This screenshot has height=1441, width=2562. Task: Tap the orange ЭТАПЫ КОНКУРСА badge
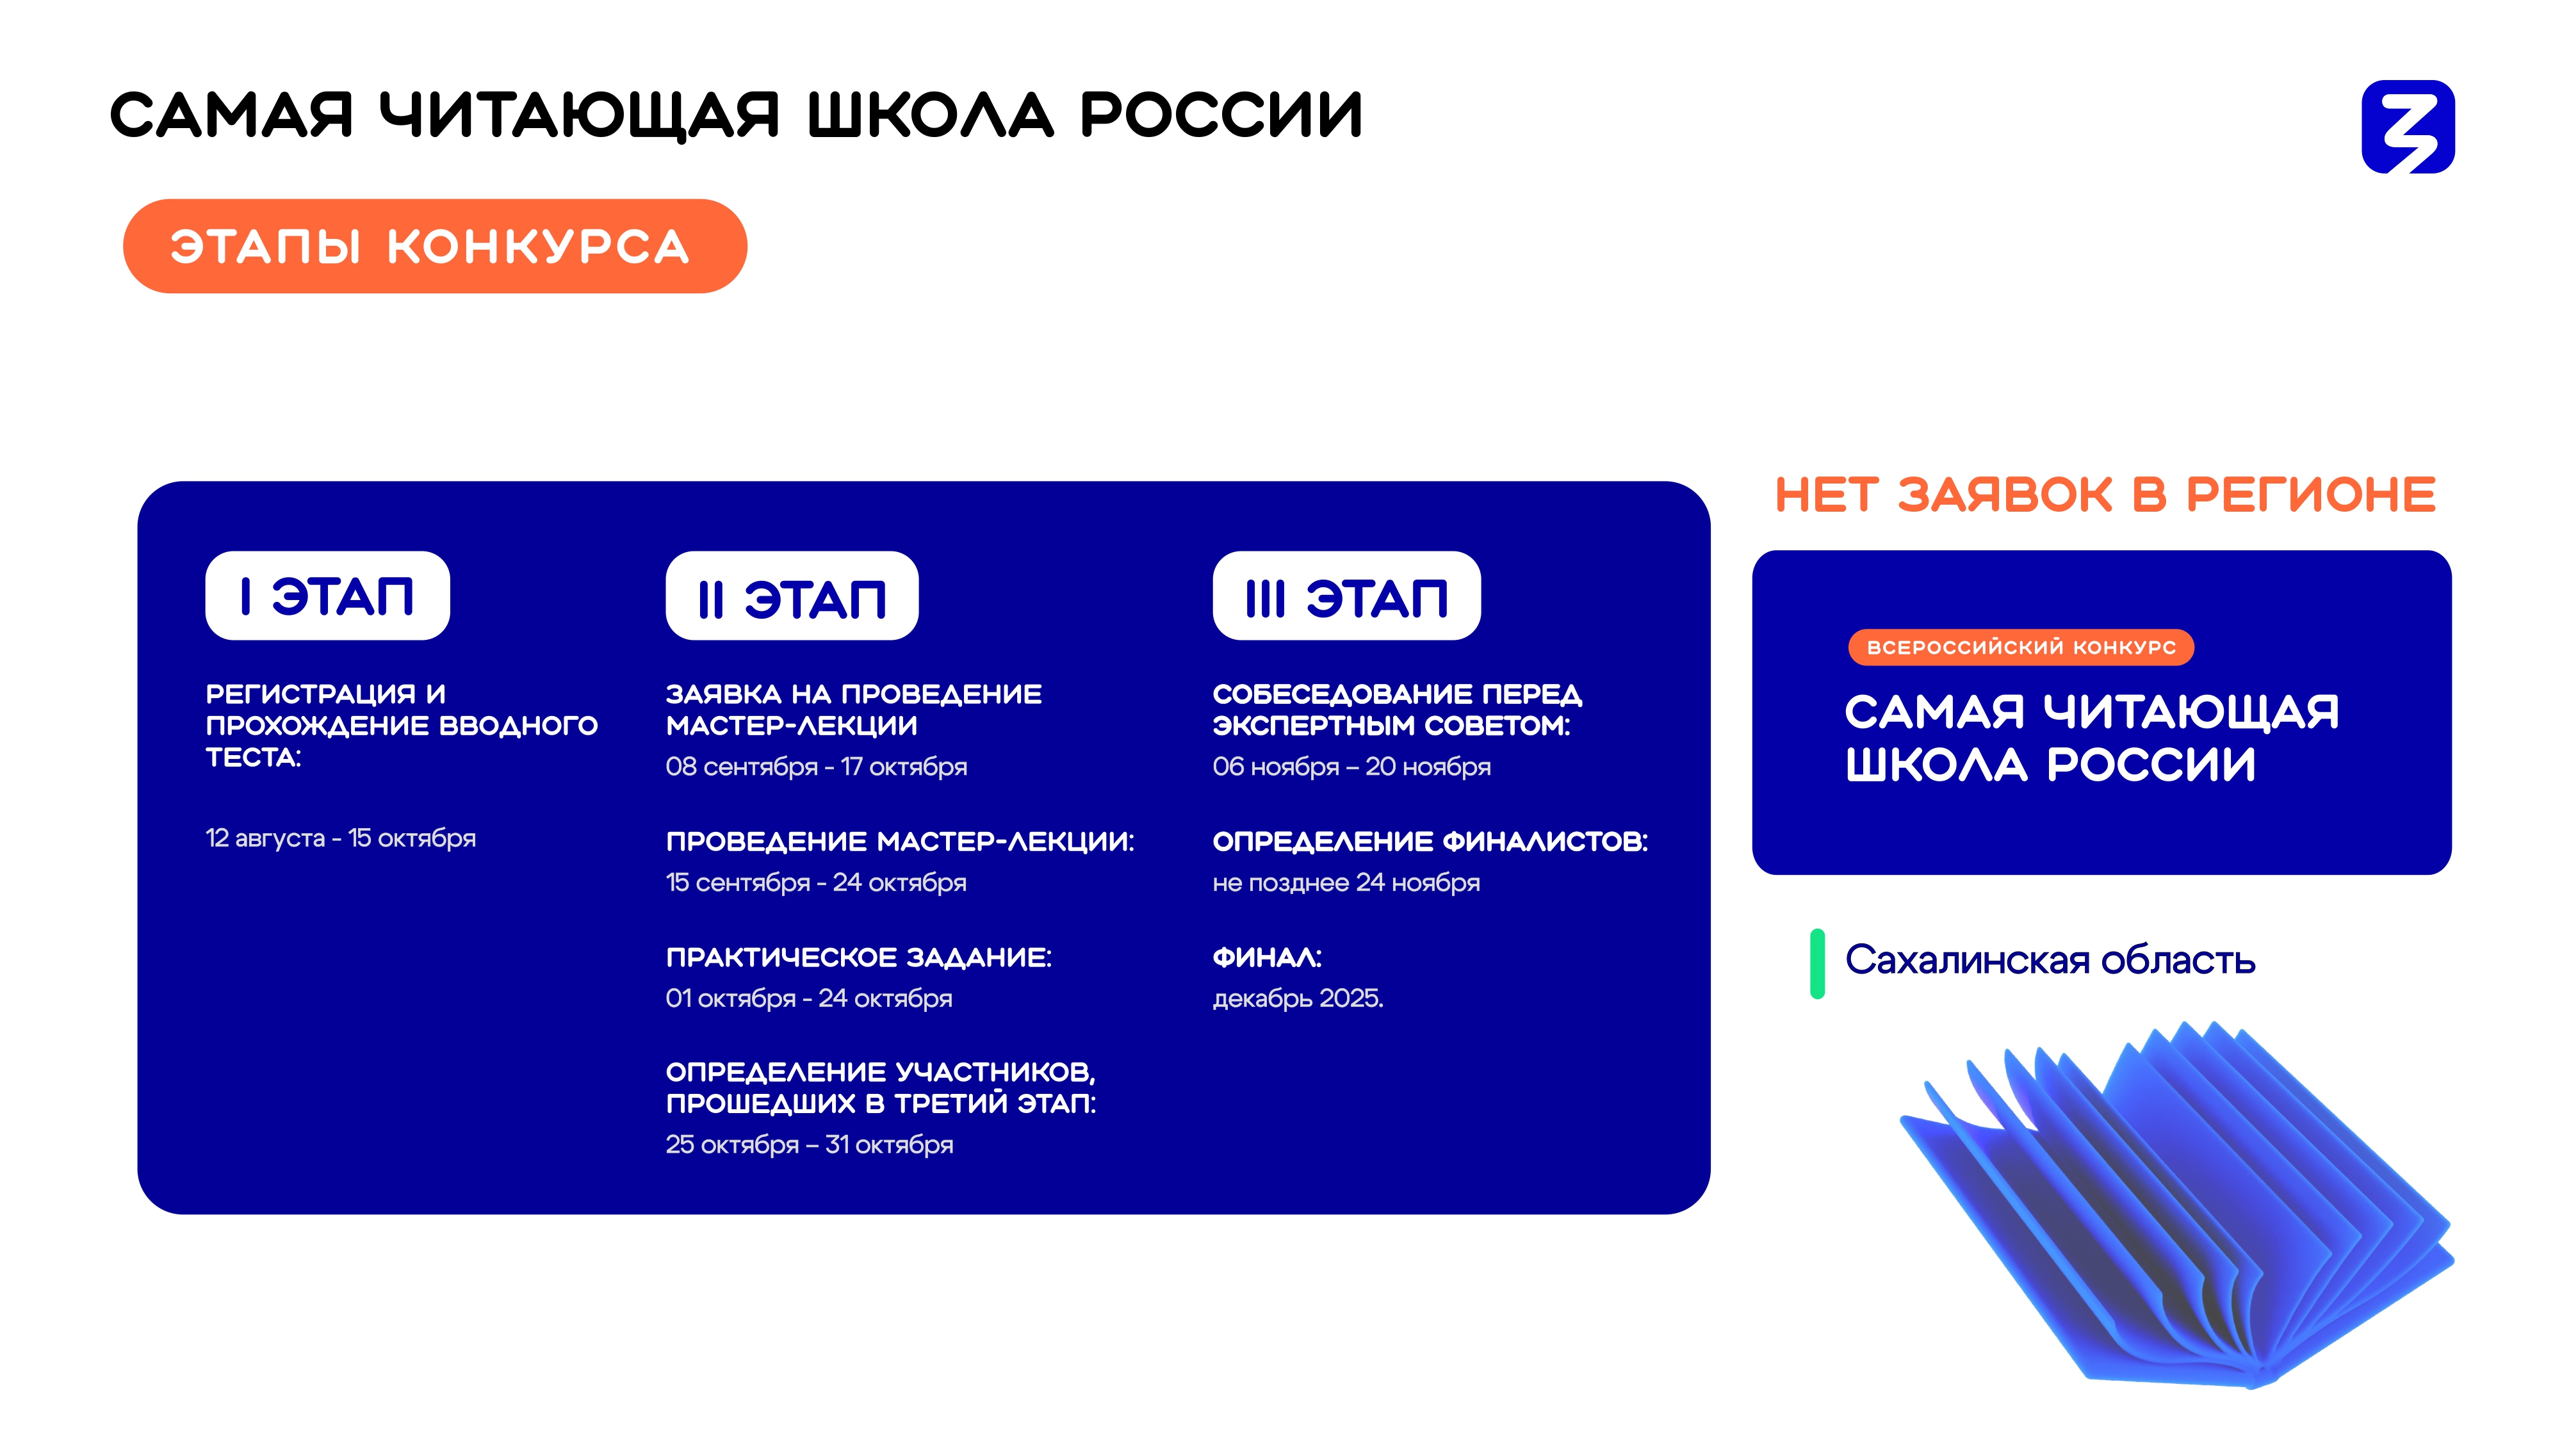coord(435,246)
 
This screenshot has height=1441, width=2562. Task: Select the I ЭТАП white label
coord(327,595)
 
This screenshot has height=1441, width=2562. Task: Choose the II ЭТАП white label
coord(792,595)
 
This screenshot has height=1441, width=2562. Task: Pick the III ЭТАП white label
coord(1346,595)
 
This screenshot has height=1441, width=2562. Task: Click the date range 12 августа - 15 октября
coord(340,838)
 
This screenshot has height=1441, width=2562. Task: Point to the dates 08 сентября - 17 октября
coord(815,767)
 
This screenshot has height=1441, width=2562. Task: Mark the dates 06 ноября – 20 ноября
coord(1351,767)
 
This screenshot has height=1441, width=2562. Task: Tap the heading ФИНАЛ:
coord(1267,957)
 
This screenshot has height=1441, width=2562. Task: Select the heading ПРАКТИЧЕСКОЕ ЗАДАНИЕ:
coord(858,957)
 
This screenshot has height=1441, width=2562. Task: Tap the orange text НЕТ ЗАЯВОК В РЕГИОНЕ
coord(2105,495)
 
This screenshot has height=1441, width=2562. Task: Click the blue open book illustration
coord(2177,1203)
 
